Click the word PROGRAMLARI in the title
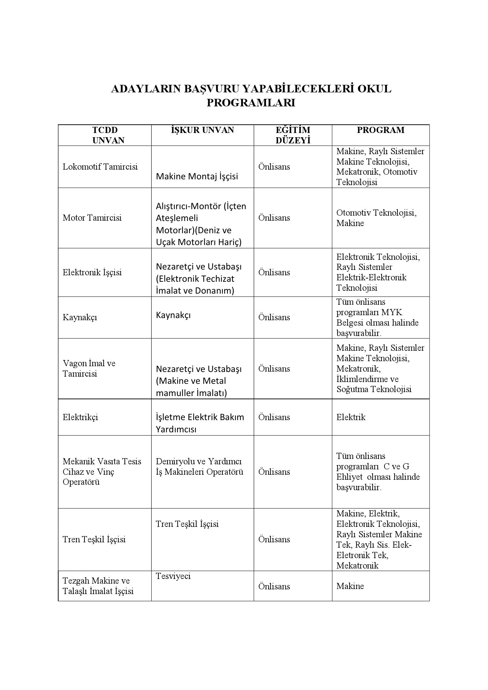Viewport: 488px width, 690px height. [250, 103]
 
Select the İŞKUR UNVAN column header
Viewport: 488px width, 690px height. [202, 130]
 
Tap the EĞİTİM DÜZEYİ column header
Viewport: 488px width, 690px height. [293, 135]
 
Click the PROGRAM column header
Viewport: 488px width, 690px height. [381, 130]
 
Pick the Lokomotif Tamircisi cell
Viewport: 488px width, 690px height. [100, 167]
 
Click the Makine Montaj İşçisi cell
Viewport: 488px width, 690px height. [197, 176]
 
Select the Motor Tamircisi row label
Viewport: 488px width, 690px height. [92, 218]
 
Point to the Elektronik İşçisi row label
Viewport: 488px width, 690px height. [92, 272]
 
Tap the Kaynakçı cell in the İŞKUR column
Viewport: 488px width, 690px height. [173, 315]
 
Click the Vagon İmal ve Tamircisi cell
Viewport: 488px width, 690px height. [89, 368]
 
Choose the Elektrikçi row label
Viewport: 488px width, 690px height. [80, 417]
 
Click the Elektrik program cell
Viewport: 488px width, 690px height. [351, 417]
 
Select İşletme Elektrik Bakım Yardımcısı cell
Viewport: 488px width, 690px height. [200, 423]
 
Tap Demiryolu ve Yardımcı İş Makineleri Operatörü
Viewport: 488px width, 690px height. [199, 466]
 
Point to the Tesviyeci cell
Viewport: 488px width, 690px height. [173, 576]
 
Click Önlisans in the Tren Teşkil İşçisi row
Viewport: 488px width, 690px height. [274, 539]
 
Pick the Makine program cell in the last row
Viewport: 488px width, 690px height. [350, 586]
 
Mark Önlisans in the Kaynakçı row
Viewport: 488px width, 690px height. [274, 317]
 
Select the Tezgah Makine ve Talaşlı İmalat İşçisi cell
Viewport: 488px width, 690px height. [98, 586]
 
